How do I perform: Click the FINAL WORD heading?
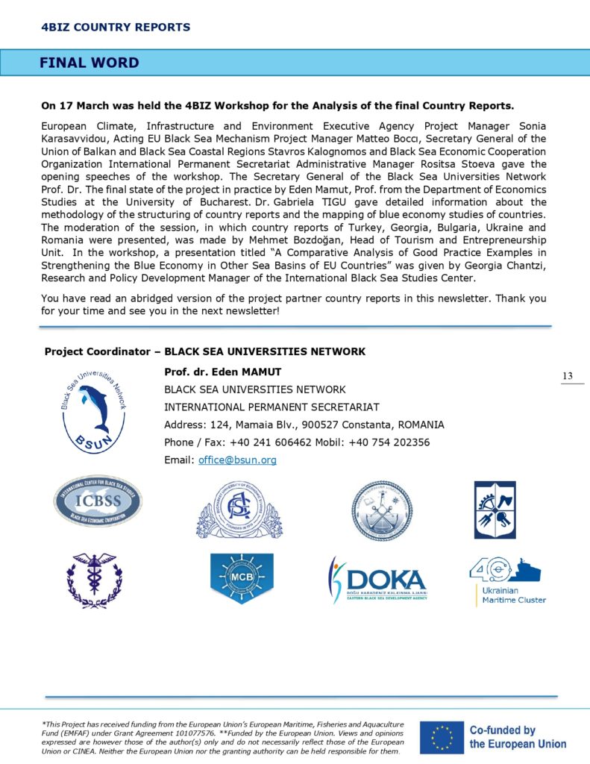coord(89,63)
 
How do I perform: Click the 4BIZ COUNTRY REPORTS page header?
coord(116,28)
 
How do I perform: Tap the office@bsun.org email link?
coord(237,460)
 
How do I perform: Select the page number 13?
coord(568,376)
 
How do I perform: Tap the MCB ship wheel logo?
coord(242,577)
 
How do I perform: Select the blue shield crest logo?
coord(495,510)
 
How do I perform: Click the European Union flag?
coord(439,737)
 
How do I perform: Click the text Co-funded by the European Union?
coord(517,737)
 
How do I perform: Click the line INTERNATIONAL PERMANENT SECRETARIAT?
coord(272,407)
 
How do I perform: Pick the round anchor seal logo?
coord(382,510)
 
